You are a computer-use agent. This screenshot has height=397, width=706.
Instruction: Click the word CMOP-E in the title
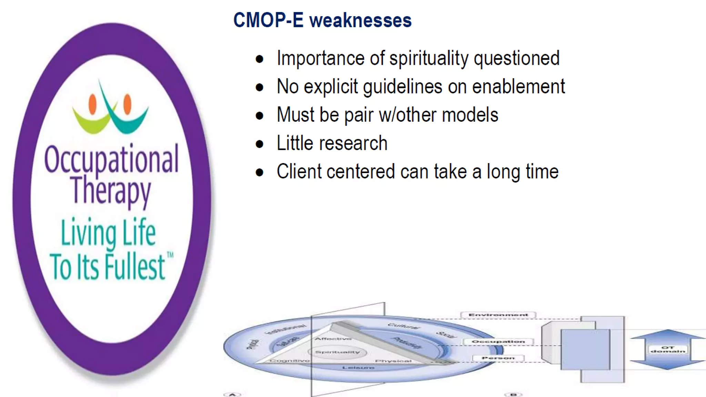tap(268, 20)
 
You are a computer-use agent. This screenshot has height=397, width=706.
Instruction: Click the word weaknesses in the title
tap(360, 20)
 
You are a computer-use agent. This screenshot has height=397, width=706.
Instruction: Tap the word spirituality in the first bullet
tap(429, 58)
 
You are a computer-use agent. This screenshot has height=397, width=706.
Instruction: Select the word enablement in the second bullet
tap(518, 86)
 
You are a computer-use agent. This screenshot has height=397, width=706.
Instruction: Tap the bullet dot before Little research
tap(260, 144)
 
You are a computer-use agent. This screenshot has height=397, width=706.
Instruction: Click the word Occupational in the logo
tap(111, 159)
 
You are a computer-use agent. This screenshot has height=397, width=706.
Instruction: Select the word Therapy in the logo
tap(111, 191)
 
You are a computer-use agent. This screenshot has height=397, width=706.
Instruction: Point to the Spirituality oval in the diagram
tap(337, 352)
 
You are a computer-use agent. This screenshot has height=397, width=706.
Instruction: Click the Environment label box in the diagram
tap(498, 315)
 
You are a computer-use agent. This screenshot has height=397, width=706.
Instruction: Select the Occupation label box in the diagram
tap(498, 342)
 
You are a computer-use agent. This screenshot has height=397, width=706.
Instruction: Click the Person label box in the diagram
tap(498, 358)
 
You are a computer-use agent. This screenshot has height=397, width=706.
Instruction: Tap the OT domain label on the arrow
tap(668, 349)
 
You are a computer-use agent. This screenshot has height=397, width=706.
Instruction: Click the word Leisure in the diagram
tap(358, 368)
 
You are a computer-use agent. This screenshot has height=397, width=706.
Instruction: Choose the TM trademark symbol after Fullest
tap(170, 255)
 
